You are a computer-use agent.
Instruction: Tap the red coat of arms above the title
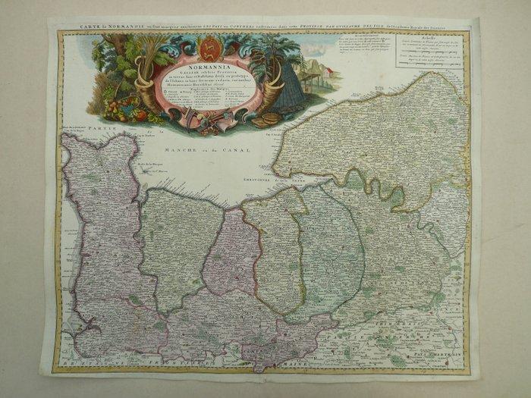tap(211, 51)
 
